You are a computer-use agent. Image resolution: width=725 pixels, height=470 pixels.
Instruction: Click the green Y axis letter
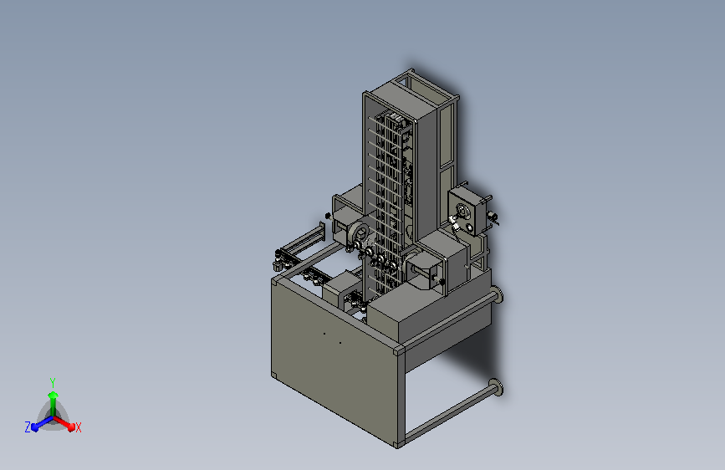pyautogui.click(x=53, y=382)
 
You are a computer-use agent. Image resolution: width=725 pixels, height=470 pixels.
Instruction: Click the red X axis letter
pyautogui.click(x=78, y=427)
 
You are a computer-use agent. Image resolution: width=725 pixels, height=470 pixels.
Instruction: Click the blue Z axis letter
pyautogui.click(x=28, y=427)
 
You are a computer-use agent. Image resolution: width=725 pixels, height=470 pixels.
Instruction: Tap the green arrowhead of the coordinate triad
pyautogui.click(x=54, y=395)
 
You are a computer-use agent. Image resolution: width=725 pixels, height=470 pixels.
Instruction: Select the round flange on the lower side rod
pyautogui.click(x=496, y=387)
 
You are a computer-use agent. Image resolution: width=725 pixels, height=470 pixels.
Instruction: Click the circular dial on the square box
pyautogui.click(x=462, y=212)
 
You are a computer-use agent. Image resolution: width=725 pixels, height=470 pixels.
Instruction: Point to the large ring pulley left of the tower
pyautogui.click(x=359, y=236)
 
